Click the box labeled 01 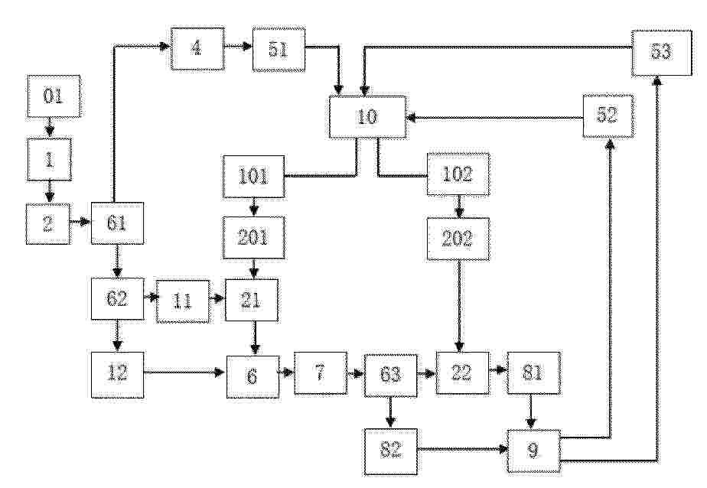tap(54, 96)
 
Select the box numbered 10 tap(367, 117)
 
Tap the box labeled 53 tap(661, 53)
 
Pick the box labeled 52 tap(608, 115)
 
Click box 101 tap(254, 176)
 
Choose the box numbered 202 tap(458, 239)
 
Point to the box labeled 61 tap(118, 223)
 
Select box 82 tap(391, 451)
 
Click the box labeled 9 tap(534, 451)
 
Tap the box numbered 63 tap(391, 374)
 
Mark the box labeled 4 tap(197, 49)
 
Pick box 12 tap(118, 375)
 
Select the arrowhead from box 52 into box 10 tap(411, 118)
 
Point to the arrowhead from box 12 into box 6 tap(221, 373)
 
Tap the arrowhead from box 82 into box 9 tap(503, 449)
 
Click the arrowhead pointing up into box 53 tap(657, 80)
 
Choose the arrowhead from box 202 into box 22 tap(459, 347)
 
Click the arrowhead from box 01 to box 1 tap(49, 132)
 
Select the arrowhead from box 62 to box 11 tap(152, 298)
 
